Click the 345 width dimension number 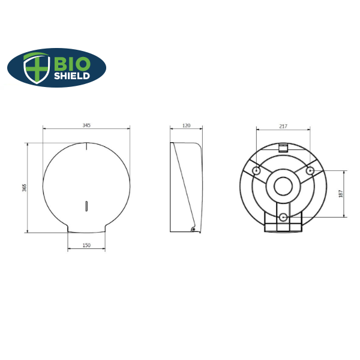tap(86, 125)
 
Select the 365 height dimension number tap(25, 187)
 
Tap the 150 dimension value tap(86, 245)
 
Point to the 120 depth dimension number tap(186, 125)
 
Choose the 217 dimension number tap(283, 126)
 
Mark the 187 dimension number tap(341, 193)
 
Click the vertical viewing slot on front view tap(87, 206)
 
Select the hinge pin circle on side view tap(193, 229)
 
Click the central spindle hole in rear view tap(283, 187)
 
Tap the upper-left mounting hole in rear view tap(257, 172)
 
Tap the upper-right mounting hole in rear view tap(310, 172)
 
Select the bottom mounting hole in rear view tap(283, 217)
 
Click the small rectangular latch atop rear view tap(283, 147)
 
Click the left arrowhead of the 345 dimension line tap(44, 128)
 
